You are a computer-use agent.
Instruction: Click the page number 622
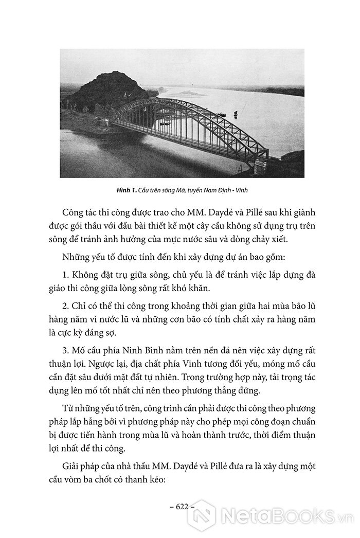(x=179, y=506)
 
